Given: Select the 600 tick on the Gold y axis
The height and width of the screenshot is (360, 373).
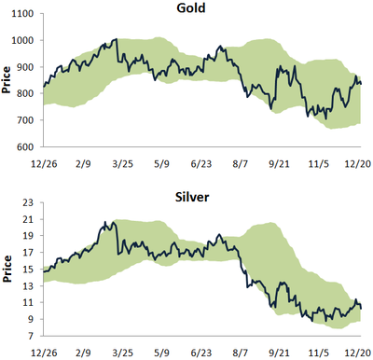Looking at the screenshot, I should (24, 147).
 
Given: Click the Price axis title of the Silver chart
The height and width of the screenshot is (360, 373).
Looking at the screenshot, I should (7, 270).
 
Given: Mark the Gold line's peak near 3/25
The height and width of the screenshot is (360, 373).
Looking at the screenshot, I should (114, 40).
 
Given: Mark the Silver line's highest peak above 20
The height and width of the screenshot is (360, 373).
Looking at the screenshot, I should (105, 223).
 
